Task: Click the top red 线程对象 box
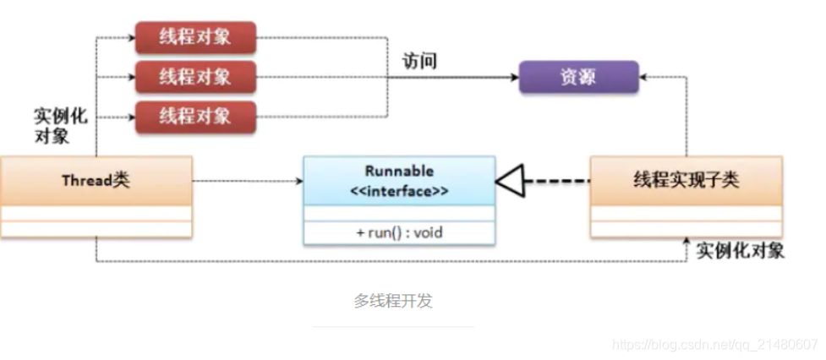195,37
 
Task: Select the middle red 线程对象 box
195,77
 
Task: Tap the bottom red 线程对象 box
195,115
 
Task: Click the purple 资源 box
578,77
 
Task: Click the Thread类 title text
96,181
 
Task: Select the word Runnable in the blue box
399,171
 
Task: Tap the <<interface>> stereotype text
399,191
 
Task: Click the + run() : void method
399,232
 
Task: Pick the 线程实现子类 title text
686,181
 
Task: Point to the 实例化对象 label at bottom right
740,251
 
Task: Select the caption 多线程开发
393,301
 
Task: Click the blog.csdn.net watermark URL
714,345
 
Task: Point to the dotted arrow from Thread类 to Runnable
245,181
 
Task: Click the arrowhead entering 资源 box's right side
643,77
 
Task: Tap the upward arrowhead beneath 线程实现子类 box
687,243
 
